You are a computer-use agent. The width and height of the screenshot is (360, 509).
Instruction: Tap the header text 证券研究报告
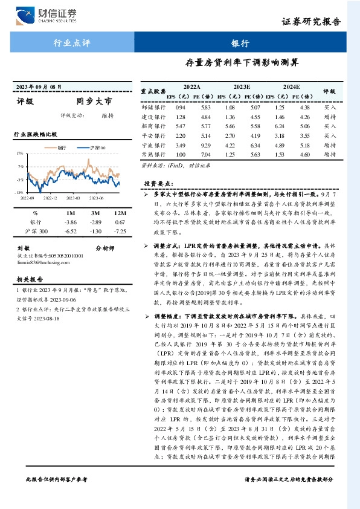coord(311,22)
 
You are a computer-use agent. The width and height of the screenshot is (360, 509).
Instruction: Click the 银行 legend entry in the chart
coord(57,147)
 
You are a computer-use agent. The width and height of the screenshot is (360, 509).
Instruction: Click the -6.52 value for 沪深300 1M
coord(70,231)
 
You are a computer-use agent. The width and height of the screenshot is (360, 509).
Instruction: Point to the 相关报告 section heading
coord(30,279)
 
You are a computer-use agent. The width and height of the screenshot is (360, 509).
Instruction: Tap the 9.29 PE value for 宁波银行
coord(206,145)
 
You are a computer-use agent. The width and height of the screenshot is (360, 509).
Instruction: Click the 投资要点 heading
coord(159,183)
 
